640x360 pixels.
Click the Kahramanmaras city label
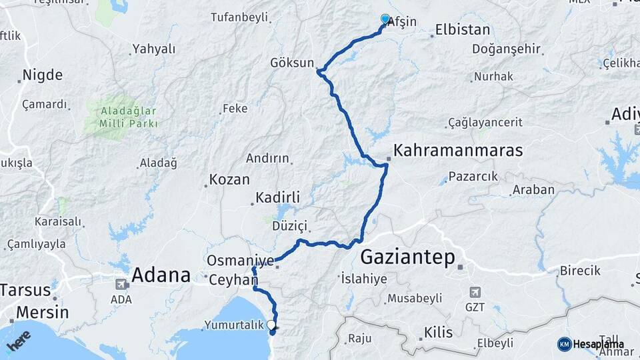[458, 151]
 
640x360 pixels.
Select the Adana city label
[161, 274]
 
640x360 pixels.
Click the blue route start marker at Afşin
[385, 19]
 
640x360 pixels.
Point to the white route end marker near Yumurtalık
[271, 325]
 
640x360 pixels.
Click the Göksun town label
[291, 63]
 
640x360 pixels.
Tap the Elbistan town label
[462, 30]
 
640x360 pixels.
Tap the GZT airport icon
[474, 292]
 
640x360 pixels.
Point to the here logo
[18, 341]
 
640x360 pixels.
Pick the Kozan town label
[229, 179]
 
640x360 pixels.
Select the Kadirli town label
[278, 198]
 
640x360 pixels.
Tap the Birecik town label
[579, 271]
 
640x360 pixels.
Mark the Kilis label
[438, 332]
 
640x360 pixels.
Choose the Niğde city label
[43, 75]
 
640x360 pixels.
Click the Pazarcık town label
[473, 177]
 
